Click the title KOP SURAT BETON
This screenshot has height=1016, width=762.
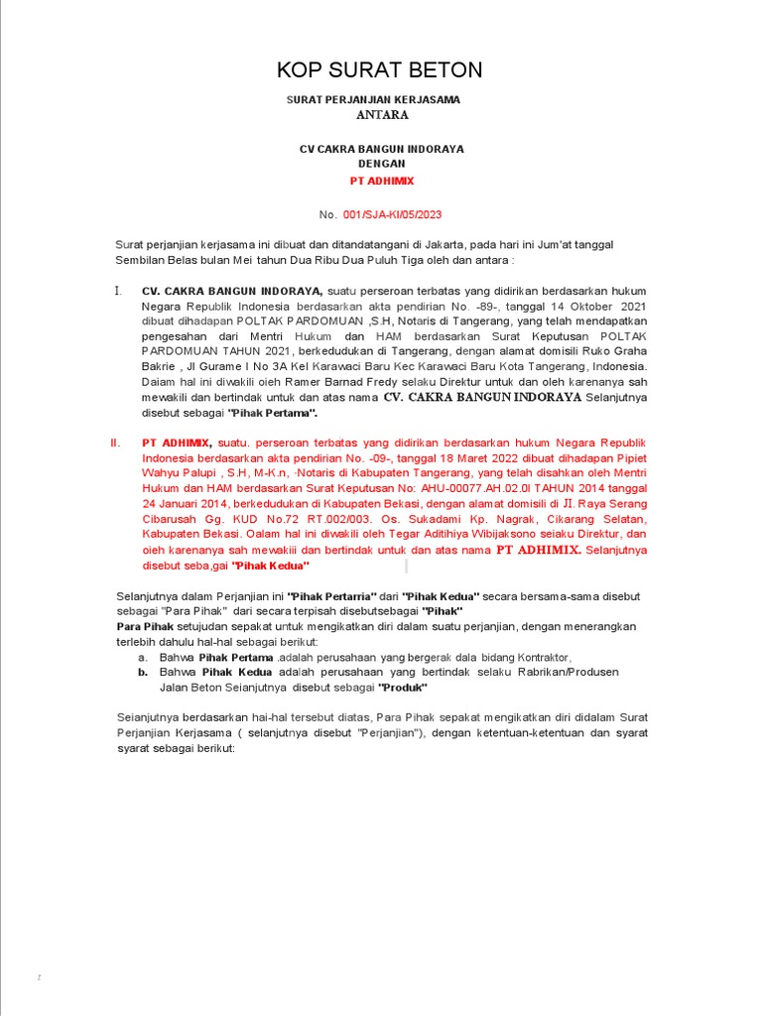tap(380, 69)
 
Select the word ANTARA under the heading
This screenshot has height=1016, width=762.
tap(382, 115)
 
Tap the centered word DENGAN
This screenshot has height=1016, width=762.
tap(382, 165)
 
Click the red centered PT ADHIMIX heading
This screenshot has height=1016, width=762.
tap(382, 182)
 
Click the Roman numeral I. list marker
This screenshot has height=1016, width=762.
tap(118, 291)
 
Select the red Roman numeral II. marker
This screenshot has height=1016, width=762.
tap(115, 443)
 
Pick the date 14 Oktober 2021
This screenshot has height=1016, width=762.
tap(593, 307)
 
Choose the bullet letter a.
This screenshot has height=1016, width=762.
tap(144, 657)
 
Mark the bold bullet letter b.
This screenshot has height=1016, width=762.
tap(144, 672)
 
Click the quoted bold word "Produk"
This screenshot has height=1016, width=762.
tap(402, 688)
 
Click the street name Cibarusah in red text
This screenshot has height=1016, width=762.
tap(176, 519)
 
